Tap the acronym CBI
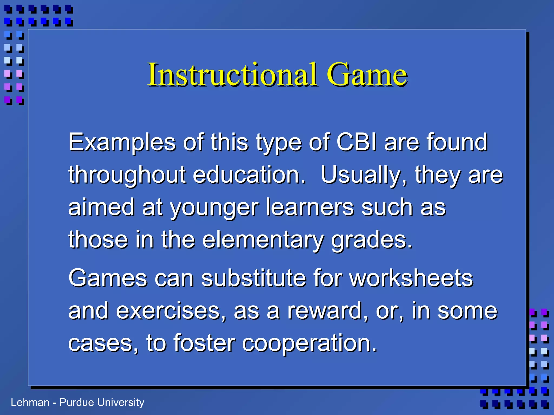point(357,142)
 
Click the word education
point(249,175)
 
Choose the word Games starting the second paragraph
point(108,278)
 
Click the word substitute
point(253,278)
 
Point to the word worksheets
point(411,278)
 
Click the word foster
point(204,343)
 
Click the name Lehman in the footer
point(30,403)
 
